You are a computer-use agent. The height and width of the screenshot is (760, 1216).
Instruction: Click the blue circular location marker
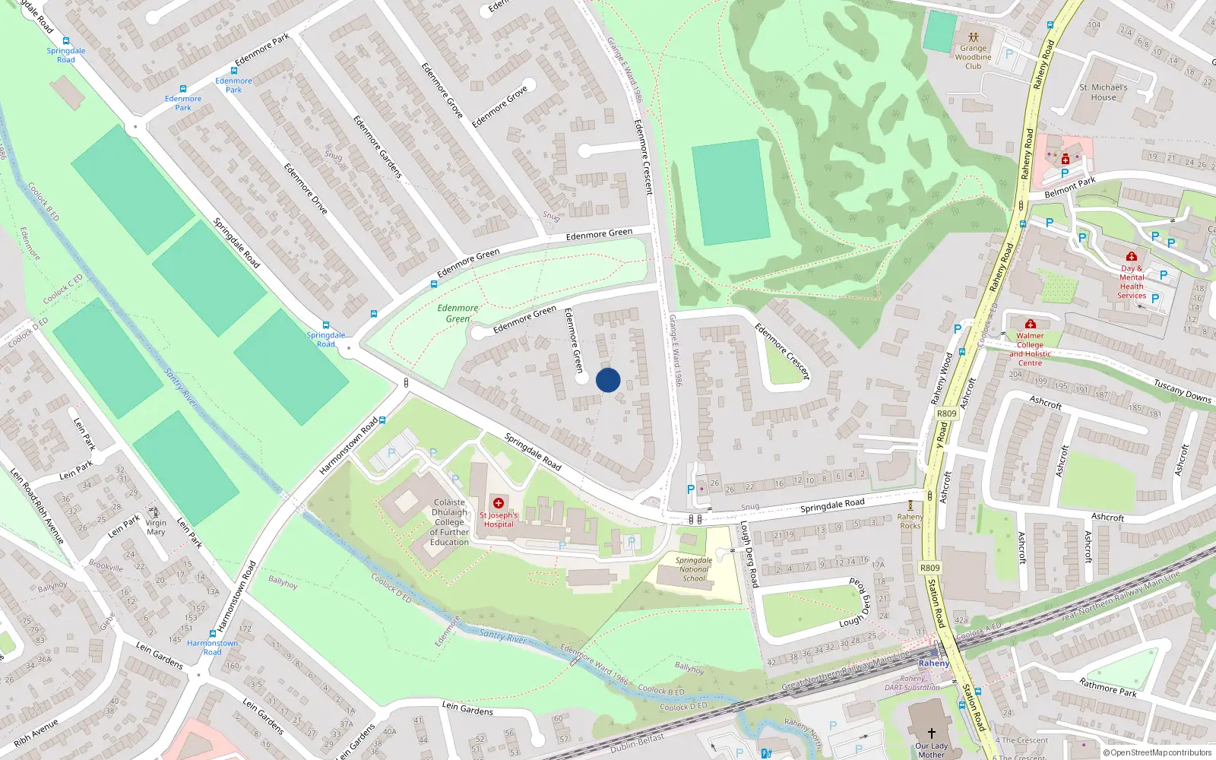[x=608, y=380]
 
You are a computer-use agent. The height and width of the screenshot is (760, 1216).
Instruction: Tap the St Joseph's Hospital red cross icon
[x=499, y=503]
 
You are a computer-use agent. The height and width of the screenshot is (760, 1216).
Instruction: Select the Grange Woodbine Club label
[x=973, y=57]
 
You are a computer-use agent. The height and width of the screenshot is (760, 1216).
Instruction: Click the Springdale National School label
[x=694, y=569]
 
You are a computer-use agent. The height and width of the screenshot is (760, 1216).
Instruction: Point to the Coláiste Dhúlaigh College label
[x=449, y=522]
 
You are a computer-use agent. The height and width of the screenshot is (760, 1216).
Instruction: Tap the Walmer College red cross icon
[x=1031, y=325]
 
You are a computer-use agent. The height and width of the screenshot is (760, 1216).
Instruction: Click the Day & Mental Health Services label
[x=1132, y=282]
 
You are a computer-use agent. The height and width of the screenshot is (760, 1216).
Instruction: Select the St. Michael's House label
[x=1104, y=92]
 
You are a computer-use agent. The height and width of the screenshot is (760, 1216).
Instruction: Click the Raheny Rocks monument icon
[x=910, y=505]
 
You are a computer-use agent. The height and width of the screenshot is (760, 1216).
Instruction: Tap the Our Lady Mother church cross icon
[x=931, y=733]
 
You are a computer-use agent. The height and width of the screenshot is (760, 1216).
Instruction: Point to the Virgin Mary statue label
[x=156, y=527]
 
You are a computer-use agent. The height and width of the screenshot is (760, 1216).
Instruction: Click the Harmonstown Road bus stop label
[x=212, y=648]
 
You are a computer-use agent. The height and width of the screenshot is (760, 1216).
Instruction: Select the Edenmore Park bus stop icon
[x=183, y=89]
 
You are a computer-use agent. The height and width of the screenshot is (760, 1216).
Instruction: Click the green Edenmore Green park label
[x=458, y=313]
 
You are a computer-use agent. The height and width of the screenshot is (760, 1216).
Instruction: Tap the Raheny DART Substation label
[x=912, y=682]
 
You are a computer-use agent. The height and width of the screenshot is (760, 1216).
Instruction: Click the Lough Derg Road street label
[x=749, y=555]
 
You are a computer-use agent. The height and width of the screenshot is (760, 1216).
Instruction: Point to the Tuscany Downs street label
[x=1182, y=391]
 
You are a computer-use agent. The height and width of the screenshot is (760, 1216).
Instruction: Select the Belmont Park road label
[x=1069, y=187]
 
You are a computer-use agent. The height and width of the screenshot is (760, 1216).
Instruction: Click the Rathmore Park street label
[x=1108, y=687]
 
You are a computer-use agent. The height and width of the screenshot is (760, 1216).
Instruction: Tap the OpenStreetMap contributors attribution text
[x=1157, y=752]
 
